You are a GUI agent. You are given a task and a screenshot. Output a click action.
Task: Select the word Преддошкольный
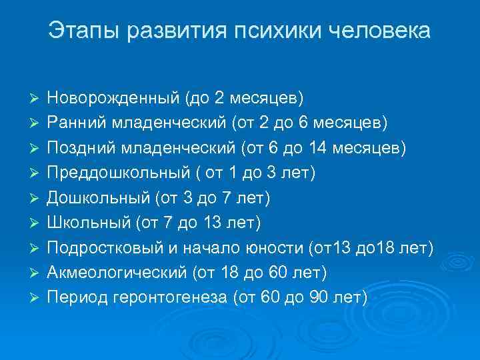click(114, 173)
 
